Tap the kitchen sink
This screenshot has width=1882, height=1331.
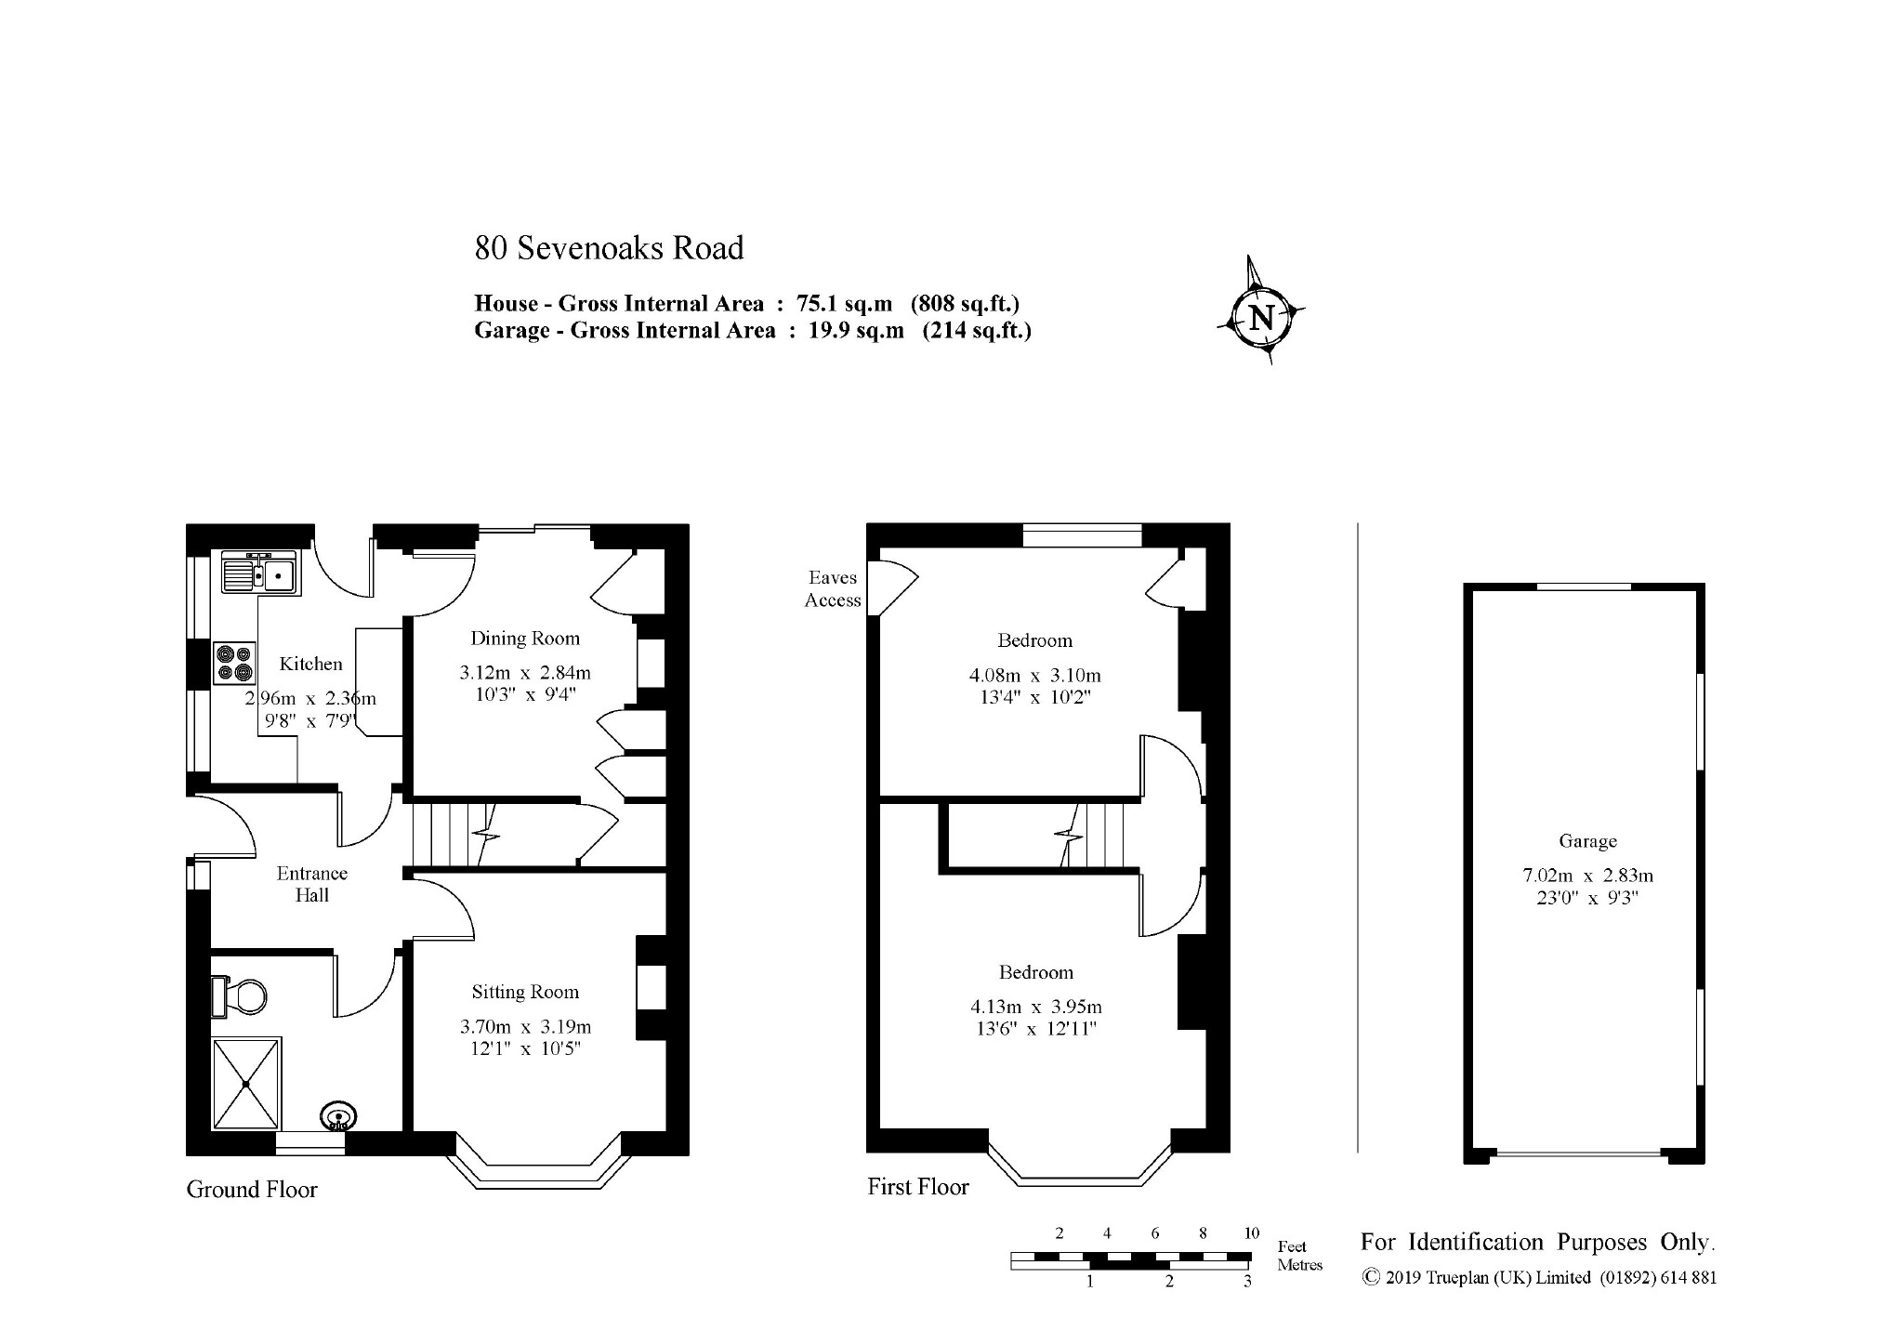(x=258, y=572)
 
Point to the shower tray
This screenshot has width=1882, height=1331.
(x=246, y=1083)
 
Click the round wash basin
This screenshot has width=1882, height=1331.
(x=338, y=1115)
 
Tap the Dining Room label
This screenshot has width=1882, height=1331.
(x=525, y=639)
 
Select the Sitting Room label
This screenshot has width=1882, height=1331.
(x=525, y=992)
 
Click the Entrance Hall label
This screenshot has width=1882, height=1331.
(x=312, y=884)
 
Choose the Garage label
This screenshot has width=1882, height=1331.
(x=1587, y=841)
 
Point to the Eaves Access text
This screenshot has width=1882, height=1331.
(x=833, y=589)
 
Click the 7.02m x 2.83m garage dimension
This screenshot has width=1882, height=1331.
(x=1587, y=876)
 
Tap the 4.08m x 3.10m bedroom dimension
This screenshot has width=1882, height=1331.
(x=1034, y=676)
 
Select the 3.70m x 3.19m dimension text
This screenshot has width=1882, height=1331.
(x=525, y=1027)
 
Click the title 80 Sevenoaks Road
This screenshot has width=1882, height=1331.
(x=610, y=248)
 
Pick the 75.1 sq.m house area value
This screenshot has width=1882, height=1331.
(x=844, y=303)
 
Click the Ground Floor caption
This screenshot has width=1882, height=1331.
(x=252, y=1190)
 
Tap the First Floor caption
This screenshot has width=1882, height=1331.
(x=918, y=1187)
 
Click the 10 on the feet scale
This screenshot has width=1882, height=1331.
(x=1251, y=1233)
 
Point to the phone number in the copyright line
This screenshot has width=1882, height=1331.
(x=1658, y=1278)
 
